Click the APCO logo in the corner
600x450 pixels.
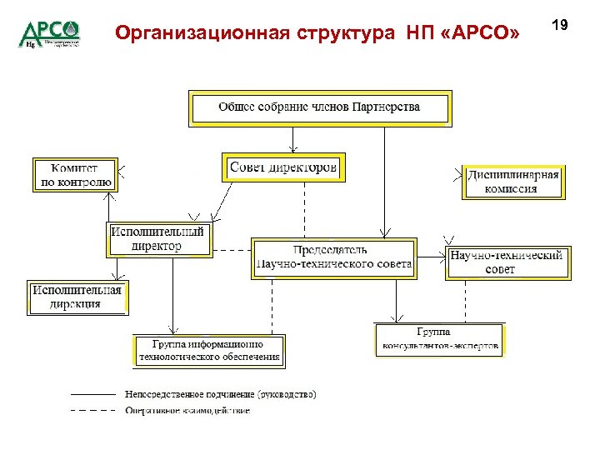coord(49,33)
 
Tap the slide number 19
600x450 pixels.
coord(559,25)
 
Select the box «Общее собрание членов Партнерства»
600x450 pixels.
coord(319,107)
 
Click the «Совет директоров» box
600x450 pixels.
coord(283,167)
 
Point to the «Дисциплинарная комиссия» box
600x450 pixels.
coord(513,182)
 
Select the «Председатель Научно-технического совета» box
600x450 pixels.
coord(333,257)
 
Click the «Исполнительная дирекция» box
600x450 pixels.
coord(77,297)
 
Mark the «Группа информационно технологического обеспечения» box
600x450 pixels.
coord(209,351)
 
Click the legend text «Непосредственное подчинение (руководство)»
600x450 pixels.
coord(220,394)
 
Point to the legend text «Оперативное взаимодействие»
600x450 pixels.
coord(187,410)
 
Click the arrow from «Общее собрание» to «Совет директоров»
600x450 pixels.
coord(293,139)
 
